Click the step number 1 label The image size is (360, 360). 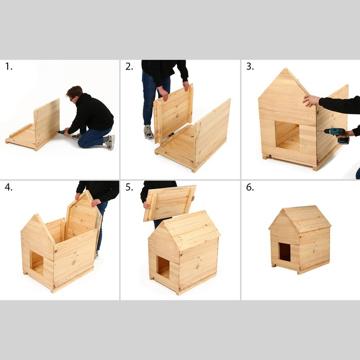8,66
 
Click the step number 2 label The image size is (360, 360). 129,66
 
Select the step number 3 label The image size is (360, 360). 249,66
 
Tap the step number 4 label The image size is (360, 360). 8,187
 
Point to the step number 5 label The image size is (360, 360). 129,187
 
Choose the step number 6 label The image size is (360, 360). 249,187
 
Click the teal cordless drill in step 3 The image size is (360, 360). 337,135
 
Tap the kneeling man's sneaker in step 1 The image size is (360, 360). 110,142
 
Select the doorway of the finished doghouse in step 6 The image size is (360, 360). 284,252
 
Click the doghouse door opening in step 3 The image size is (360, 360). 286,135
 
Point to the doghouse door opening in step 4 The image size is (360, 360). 37,263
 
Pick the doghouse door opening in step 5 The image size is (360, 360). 163,267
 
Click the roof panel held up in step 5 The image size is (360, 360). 170,202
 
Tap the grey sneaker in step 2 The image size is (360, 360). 148,132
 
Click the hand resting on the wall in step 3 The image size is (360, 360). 311,100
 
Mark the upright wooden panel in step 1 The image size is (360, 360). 47,122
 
